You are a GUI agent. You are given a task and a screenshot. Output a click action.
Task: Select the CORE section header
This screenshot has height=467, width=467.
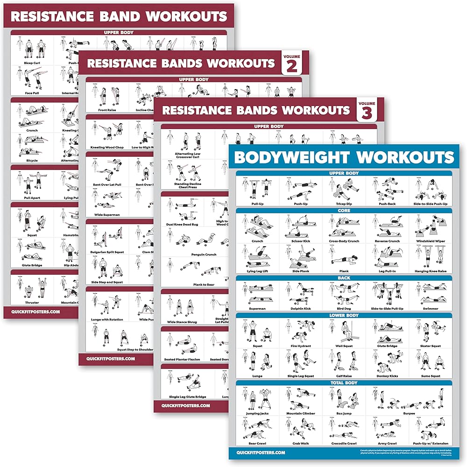[x=344, y=211]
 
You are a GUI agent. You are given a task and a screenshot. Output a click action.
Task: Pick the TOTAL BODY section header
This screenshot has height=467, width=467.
[x=344, y=382]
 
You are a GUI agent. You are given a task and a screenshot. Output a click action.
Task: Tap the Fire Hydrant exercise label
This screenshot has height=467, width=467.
[x=301, y=346]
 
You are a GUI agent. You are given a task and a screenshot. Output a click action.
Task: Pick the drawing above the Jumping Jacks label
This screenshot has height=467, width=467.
[x=257, y=398]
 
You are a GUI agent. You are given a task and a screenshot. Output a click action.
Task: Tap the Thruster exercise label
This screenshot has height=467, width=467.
[x=32, y=302]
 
